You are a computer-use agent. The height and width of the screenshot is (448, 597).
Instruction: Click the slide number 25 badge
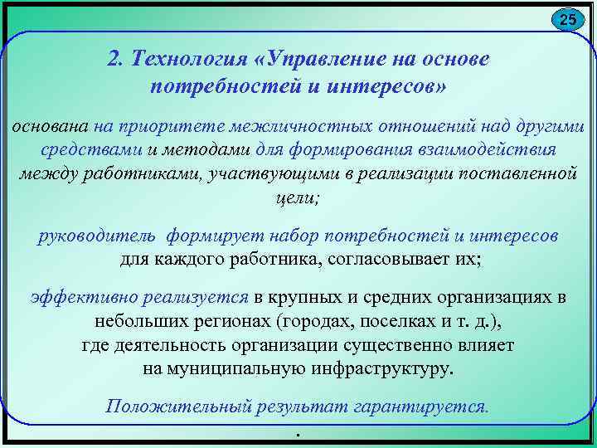point(566,20)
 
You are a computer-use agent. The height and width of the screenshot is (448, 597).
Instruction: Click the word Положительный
point(183,407)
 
